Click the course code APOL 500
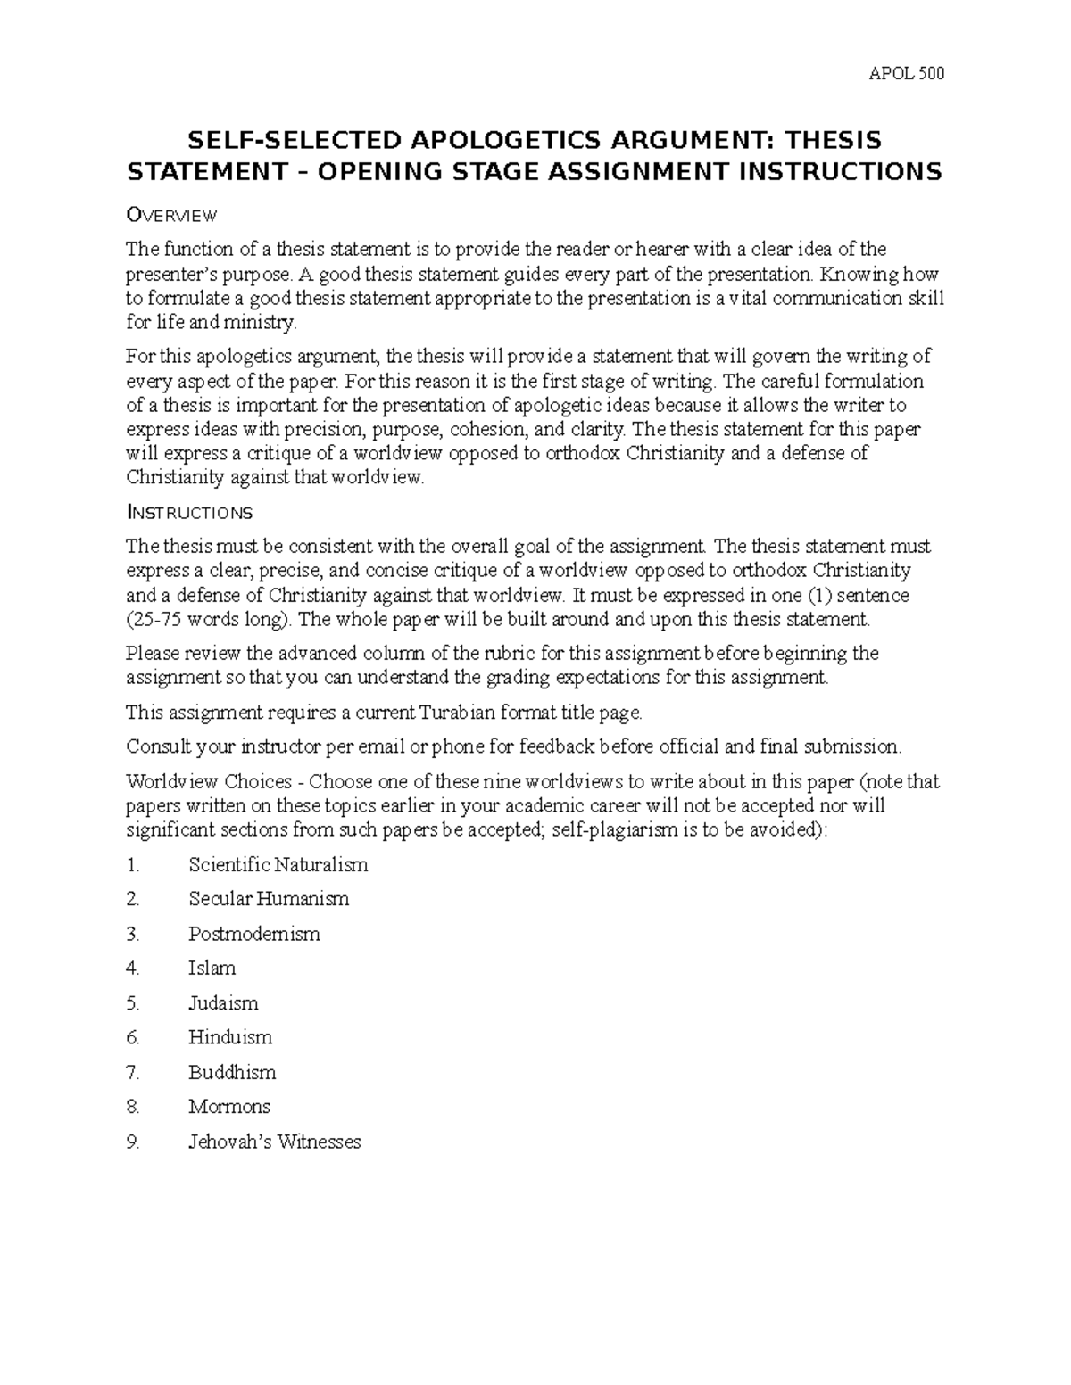point(906,73)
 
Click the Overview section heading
point(171,215)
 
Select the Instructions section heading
point(189,512)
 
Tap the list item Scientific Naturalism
point(278,864)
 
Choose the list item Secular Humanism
point(269,899)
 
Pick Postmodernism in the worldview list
point(253,934)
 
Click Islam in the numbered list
point(212,968)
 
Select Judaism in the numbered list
point(223,1002)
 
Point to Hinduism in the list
point(230,1037)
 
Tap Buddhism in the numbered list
point(232,1072)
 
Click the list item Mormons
point(228,1106)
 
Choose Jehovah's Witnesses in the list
point(274,1142)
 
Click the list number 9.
point(133,1142)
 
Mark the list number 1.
point(133,864)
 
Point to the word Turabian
point(454,712)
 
